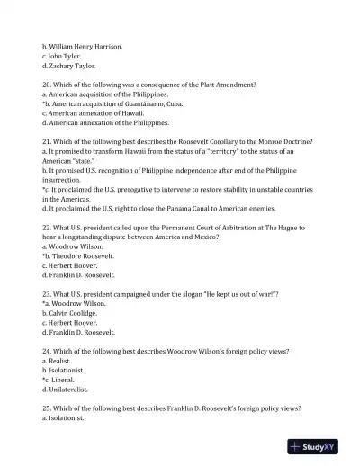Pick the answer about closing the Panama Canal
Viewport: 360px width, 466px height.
(x=153, y=208)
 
